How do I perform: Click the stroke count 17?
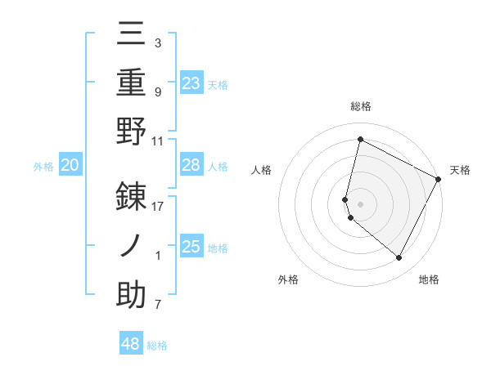pyautogui.click(x=158, y=206)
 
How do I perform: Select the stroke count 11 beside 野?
pyautogui.click(x=158, y=141)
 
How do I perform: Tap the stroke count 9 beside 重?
pyautogui.click(x=157, y=92)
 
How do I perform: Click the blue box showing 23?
pyautogui.click(x=191, y=83)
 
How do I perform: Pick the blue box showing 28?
pyautogui.click(x=191, y=165)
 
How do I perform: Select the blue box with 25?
pyautogui.click(x=191, y=247)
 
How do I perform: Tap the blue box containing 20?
pyautogui.click(x=70, y=166)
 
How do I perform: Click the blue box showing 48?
pyautogui.click(x=130, y=344)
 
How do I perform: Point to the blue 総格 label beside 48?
pyautogui.click(x=157, y=346)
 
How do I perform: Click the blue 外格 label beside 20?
pyautogui.click(x=43, y=167)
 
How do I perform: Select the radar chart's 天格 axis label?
pyautogui.click(x=460, y=170)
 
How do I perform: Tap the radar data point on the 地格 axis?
pyautogui.click(x=399, y=258)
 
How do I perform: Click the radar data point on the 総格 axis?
pyautogui.click(x=360, y=140)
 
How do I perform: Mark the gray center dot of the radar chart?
pyautogui.click(x=360, y=203)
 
